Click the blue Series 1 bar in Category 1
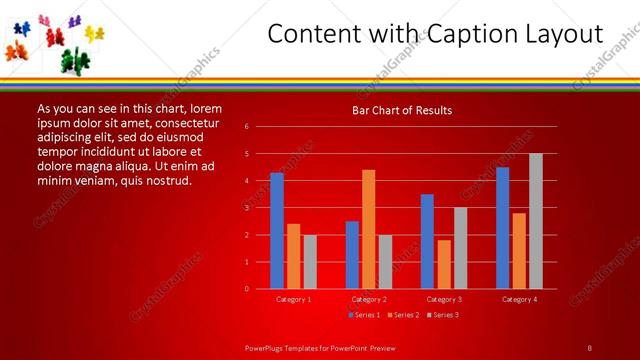click(x=277, y=231)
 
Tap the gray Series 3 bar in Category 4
click(x=535, y=221)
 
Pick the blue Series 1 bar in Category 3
click(x=427, y=241)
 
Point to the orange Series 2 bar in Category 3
click(x=443, y=264)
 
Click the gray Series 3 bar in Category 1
click(x=310, y=262)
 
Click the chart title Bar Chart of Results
click(x=402, y=111)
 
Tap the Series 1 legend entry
click(x=364, y=315)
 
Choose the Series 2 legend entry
click(x=403, y=315)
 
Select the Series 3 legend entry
click(x=442, y=315)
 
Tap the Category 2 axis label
click(x=368, y=299)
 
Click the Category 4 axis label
click(x=518, y=299)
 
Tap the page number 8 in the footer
click(x=589, y=347)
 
